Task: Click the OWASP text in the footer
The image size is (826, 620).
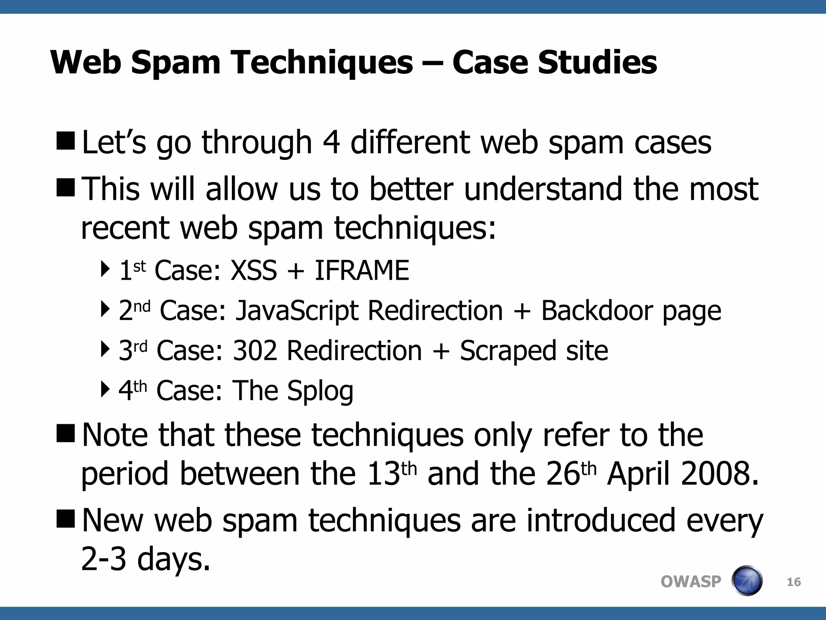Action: pos(691,582)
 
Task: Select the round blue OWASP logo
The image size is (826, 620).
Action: pos(747,581)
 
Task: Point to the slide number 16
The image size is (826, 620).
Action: pos(794,582)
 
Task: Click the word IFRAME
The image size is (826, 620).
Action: pos(362,270)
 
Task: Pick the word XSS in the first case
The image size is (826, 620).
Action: pos(254,270)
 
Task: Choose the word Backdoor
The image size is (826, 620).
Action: pos(597,310)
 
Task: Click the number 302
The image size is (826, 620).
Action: pos(255,350)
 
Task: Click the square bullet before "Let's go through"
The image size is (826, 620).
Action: pos(66,140)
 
